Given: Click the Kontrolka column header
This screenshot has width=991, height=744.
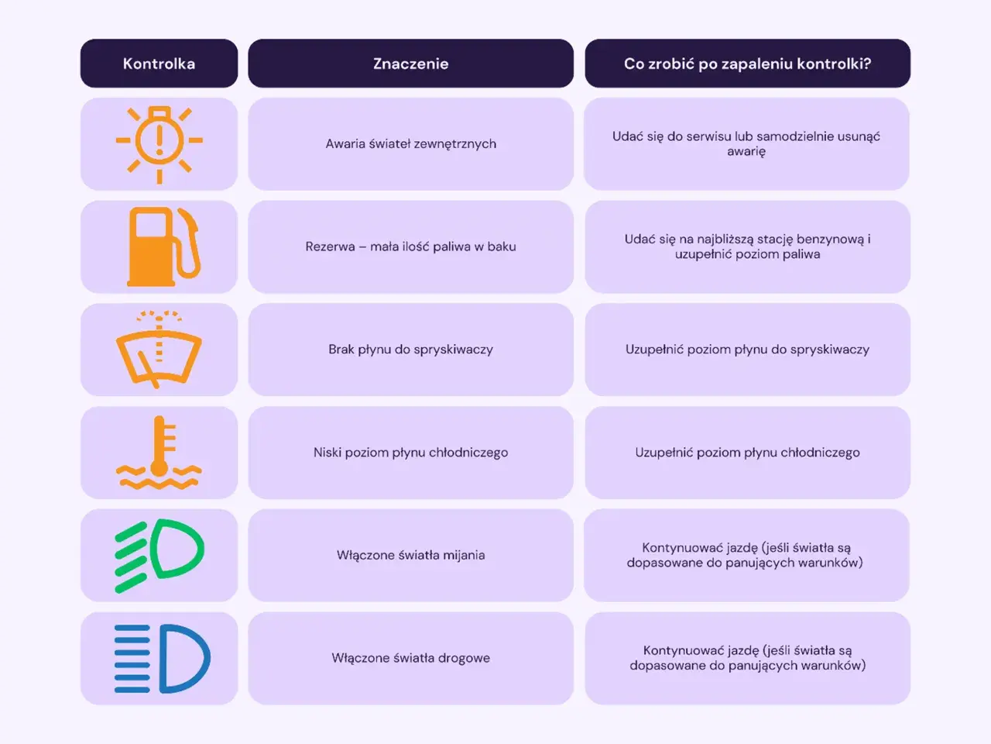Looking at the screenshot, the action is (x=159, y=64).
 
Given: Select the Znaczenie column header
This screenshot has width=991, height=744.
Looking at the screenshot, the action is (x=411, y=64).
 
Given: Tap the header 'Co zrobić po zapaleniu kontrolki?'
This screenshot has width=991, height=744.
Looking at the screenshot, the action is (x=747, y=64).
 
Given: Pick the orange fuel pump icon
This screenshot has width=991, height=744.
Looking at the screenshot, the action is (x=163, y=246).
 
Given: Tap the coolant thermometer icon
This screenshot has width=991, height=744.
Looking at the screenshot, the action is (x=159, y=452).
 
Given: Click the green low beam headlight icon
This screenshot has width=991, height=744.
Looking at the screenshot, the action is (x=159, y=555).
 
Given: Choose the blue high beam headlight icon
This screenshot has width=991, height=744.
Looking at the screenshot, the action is (x=162, y=659).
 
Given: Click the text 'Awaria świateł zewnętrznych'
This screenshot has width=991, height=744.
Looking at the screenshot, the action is (x=411, y=143).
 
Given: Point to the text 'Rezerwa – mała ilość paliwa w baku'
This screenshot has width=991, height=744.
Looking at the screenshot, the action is (x=411, y=246).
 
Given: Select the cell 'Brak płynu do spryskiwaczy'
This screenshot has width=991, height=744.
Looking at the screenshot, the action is (x=411, y=350).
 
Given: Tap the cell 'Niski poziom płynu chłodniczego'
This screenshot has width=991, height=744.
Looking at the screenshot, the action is (x=411, y=452).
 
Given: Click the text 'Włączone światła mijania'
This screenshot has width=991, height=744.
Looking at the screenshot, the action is (x=411, y=555).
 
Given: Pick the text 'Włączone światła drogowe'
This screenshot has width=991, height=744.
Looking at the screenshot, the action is (x=411, y=658).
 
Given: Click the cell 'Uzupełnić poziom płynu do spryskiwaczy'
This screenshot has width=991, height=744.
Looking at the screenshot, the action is (x=747, y=350).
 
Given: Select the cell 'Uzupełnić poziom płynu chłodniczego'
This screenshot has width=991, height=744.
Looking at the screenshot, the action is (x=747, y=452).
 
